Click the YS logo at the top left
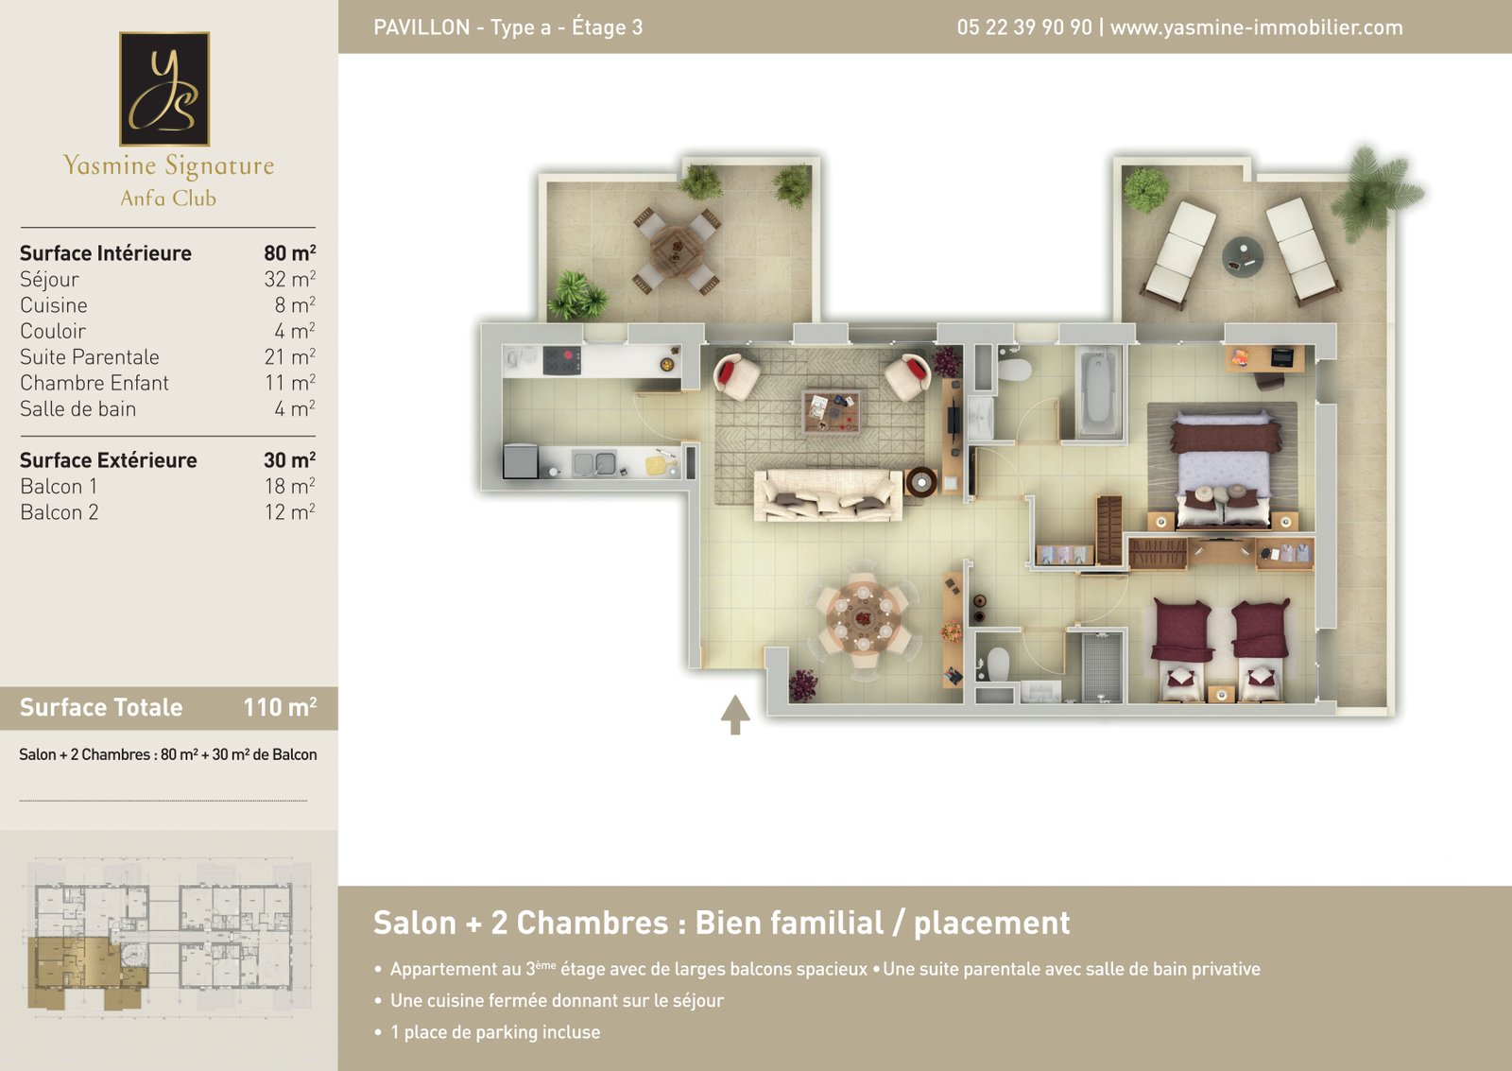pos(164,89)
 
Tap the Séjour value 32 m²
pos(289,279)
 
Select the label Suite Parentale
pos(90,356)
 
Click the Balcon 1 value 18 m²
pos(289,486)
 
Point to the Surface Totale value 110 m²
pos(280,707)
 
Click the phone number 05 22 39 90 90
pos(1024,27)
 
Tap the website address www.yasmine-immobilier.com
pos(1256,27)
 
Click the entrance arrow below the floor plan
pos(735,715)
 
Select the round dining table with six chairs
pos(864,618)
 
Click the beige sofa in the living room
pos(828,495)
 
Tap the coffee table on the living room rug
pos(831,411)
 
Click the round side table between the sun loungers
pos(1243,256)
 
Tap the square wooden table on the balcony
pos(677,250)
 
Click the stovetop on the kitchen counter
pos(561,360)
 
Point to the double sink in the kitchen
pos(594,463)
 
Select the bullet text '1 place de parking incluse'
pos(495,1032)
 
